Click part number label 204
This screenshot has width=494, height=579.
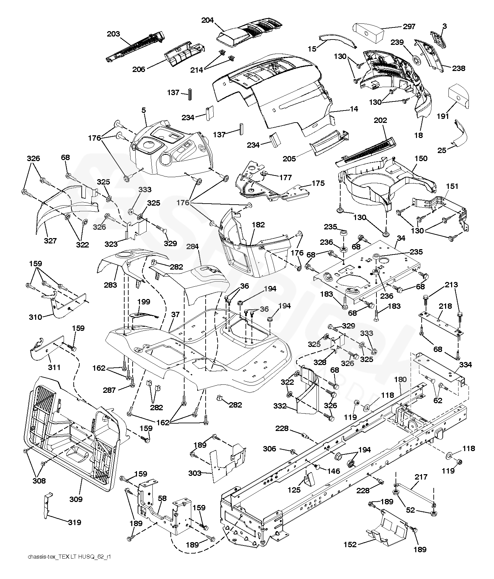click(207, 20)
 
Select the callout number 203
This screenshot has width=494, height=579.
click(114, 34)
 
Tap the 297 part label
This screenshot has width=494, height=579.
click(409, 26)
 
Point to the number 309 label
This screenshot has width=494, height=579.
click(76, 499)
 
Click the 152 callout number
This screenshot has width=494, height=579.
click(350, 545)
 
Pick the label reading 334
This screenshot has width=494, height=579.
click(466, 365)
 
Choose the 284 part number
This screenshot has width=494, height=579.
click(193, 247)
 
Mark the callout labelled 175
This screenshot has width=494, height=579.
click(318, 183)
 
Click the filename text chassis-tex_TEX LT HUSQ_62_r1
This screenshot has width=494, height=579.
click(70, 566)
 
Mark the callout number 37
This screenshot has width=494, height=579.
click(175, 314)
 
